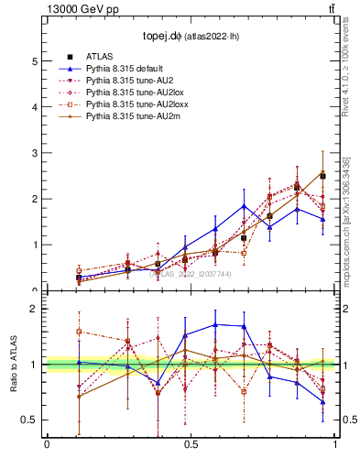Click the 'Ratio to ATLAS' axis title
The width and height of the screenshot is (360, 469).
12,365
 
